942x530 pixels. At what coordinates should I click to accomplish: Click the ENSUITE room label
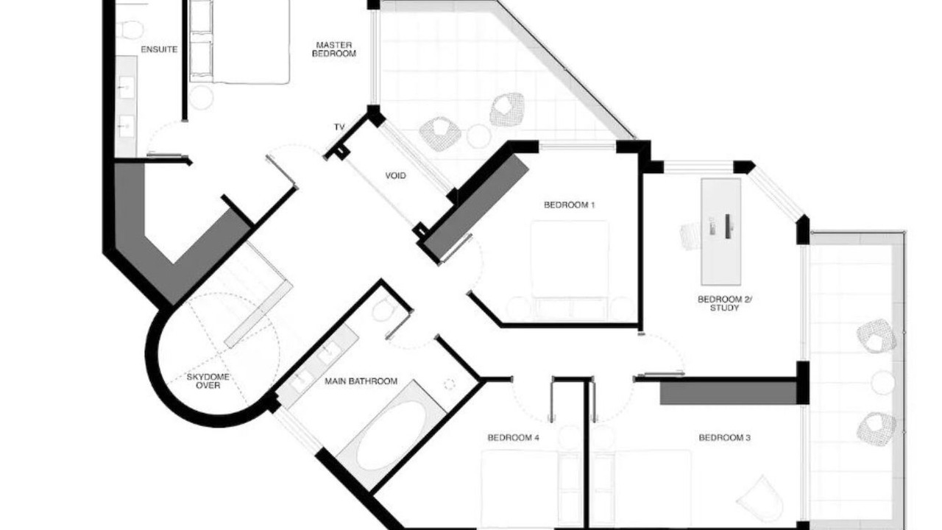[159, 49]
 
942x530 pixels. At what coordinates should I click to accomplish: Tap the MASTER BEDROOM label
[334, 49]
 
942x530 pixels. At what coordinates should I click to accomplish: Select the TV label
[339, 127]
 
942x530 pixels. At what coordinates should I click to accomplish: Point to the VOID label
[396, 175]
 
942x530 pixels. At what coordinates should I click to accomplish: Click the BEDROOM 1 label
[570, 205]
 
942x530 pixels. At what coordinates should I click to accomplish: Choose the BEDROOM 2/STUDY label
[725, 304]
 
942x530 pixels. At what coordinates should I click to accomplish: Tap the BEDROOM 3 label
[725, 438]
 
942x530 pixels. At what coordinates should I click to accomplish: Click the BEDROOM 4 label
[513, 438]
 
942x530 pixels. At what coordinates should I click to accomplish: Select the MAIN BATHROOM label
[361, 381]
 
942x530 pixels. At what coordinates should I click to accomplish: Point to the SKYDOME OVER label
[208, 381]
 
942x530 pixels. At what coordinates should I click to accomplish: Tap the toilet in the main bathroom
[383, 309]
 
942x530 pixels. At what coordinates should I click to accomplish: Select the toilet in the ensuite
[132, 29]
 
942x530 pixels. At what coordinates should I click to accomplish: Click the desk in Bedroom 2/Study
[720, 232]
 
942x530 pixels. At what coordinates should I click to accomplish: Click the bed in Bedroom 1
[570, 270]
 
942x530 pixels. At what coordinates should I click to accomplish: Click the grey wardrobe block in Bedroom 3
[729, 393]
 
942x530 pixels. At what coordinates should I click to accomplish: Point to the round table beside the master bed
[202, 98]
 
